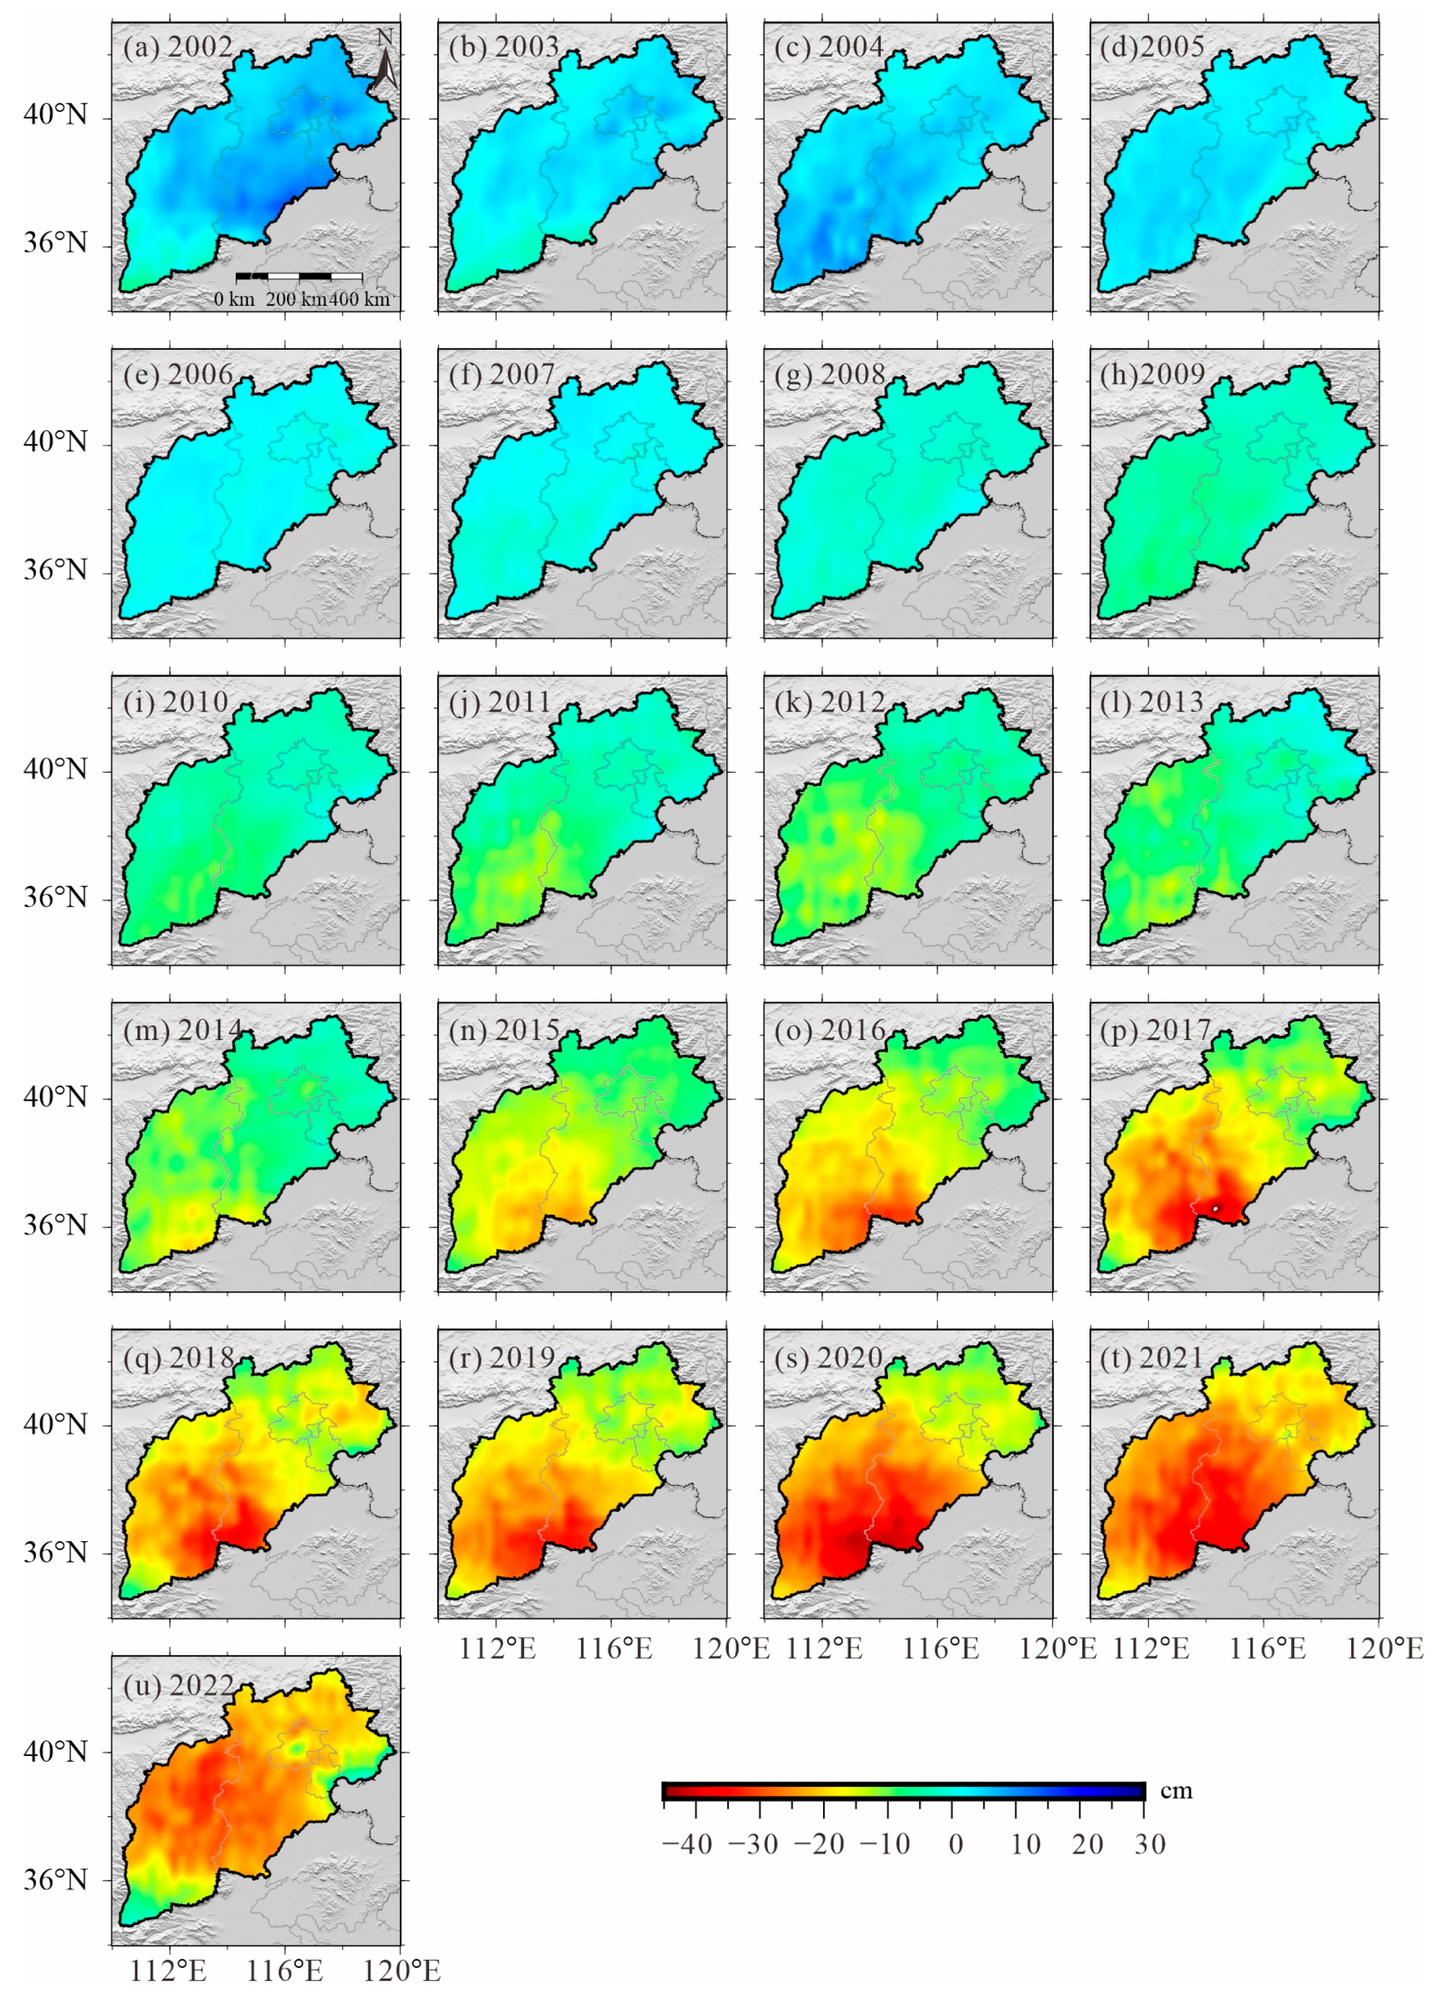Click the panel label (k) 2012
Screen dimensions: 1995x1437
click(829, 702)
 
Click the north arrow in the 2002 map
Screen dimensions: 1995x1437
click(384, 60)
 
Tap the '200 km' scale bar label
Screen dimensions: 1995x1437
click(296, 299)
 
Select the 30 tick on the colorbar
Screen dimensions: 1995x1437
click(1150, 1843)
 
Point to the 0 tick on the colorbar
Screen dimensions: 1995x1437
click(956, 1843)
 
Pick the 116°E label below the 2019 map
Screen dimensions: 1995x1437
click(615, 1648)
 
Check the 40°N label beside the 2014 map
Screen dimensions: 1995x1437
click(55, 1097)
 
